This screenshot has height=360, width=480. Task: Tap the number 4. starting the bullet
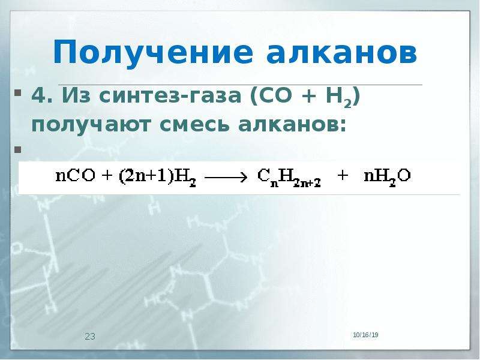43,95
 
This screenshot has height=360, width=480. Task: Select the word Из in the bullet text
76,95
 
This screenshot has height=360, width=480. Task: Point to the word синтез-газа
170,96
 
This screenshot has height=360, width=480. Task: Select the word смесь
194,125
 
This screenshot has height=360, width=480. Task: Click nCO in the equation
76,176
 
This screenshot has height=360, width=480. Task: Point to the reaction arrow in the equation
226,177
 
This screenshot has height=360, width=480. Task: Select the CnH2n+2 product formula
289,178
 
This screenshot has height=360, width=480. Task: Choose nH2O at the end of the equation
387,178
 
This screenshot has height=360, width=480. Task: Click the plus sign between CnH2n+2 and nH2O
343,176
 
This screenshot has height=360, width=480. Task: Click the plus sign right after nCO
107,176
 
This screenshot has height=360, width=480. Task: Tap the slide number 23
90,337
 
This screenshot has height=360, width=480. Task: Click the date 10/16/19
365,335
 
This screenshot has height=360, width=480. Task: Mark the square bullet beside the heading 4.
18,92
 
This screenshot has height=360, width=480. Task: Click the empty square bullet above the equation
18,149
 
